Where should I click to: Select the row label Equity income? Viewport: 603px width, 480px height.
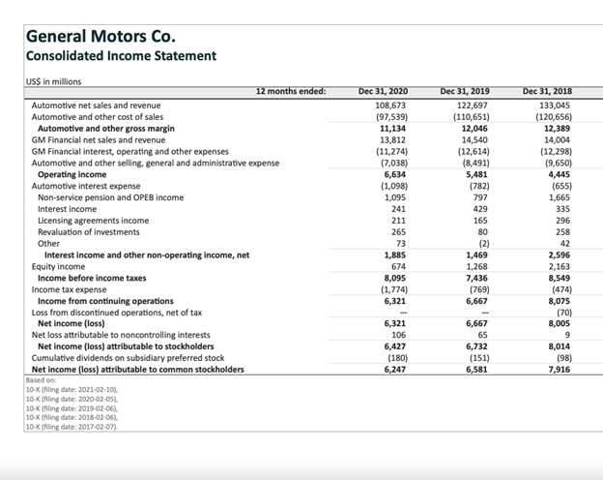pyautogui.click(x=59, y=266)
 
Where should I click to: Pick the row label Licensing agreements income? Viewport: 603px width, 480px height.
pyautogui.click(x=93, y=221)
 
